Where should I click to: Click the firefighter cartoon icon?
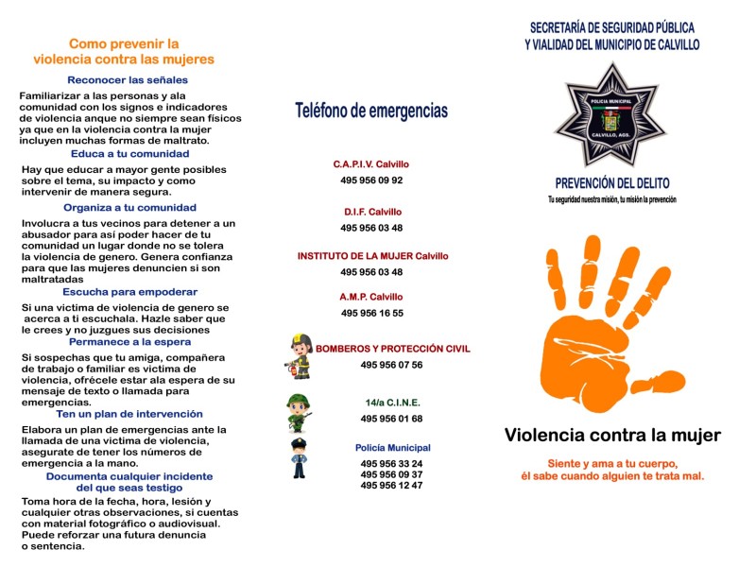(300, 356)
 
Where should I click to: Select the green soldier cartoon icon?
(300, 411)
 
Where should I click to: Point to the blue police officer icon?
(300, 457)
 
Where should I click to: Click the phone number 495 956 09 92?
(371, 180)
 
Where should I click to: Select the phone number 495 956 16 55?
(371, 313)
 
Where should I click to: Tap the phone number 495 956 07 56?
(391, 365)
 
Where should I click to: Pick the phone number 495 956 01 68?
(391, 419)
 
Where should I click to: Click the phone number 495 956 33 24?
(391, 463)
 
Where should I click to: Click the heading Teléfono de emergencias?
(371, 112)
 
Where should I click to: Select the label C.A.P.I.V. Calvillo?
(371, 163)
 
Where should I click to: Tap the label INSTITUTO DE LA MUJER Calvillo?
(372, 256)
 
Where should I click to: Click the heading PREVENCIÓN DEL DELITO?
(611, 183)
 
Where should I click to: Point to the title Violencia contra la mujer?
(612, 436)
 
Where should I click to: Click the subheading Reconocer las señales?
(128, 79)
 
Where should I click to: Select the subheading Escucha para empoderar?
(130, 292)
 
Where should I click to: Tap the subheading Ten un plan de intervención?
(129, 414)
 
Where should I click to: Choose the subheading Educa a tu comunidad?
(130, 153)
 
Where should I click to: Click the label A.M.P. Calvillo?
(371, 297)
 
